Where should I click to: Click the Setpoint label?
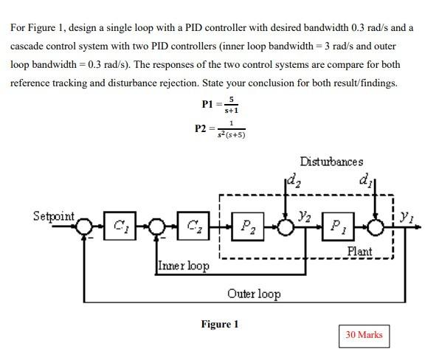click(x=54, y=216)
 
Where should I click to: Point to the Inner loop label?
click(x=182, y=265)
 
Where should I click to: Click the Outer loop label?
click(x=253, y=294)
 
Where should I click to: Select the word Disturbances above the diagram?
click(x=331, y=162)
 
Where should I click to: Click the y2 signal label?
click(x=304, y=215)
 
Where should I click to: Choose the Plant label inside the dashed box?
click(x=360, y=252)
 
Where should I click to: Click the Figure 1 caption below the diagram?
click(x=220, y=324)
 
